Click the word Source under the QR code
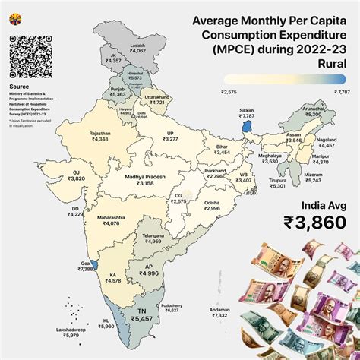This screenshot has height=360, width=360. tap(20, 87)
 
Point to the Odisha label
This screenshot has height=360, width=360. tap(212, 207)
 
